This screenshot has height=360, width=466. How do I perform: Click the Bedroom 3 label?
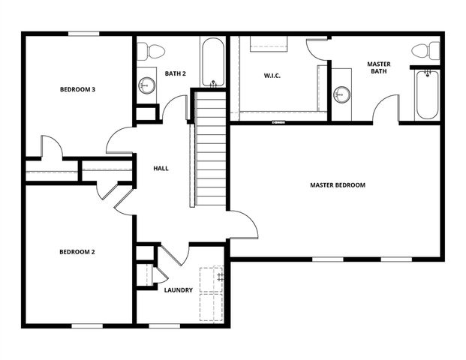(x=77, y=89)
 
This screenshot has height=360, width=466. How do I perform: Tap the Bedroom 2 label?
(x=77, y=252)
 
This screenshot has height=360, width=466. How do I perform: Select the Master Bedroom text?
(x=338, y=184)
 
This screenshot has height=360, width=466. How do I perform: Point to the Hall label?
(x=161, y=169)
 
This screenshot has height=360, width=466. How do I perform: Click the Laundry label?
(x=179, y=290)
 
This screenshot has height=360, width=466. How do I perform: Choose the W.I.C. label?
(x=272, y=75)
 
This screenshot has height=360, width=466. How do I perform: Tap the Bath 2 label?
(x=176, y=73)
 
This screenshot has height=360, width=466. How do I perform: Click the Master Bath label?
(x=378, y=68)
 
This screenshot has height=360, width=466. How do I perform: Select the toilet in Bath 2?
(x=155, y=51)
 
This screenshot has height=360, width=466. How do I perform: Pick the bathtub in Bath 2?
(x=212, y=62)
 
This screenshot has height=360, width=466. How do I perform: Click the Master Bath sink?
(x=342, y=94)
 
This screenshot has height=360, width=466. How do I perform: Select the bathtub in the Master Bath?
(x=426, y=94)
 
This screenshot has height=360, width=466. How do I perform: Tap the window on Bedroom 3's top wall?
(x=83, y=33)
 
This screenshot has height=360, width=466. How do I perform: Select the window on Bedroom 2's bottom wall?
(x=87, y=325)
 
